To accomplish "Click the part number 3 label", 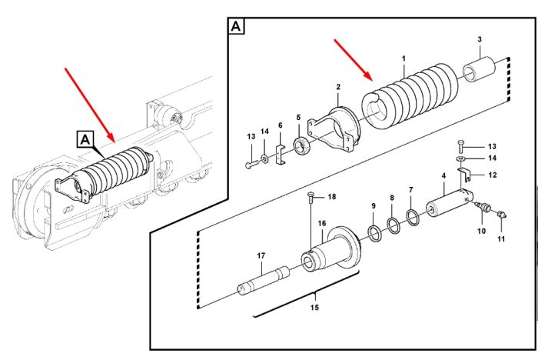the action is pos(480,39).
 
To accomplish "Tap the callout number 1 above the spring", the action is pos(403,58).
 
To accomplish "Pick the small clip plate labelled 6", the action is pos(281,155).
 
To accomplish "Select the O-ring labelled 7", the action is pos(413,217).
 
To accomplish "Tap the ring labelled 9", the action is pos(374,233).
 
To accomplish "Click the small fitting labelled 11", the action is pos(503,214).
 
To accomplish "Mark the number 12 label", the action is pos(493,175).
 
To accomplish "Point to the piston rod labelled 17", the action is pos(264,279).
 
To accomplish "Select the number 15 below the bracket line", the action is pos(314,308).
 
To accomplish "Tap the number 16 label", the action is pos(321,224).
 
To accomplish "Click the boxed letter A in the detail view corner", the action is pos(236,26).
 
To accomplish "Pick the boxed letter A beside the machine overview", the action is pos(85,140).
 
